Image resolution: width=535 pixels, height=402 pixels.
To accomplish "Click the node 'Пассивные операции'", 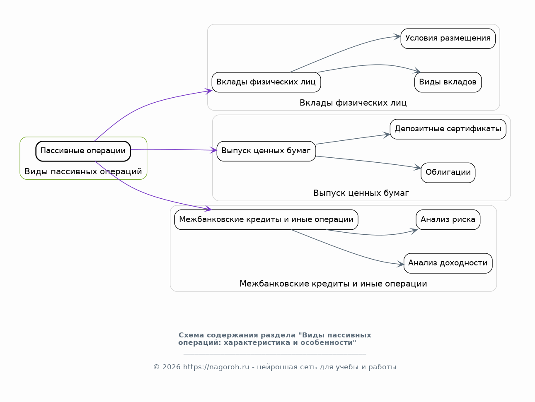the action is click(83, 151).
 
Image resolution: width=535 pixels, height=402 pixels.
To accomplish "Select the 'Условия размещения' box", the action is click(448, 39).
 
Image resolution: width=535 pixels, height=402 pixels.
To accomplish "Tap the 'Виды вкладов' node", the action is click(448, 82).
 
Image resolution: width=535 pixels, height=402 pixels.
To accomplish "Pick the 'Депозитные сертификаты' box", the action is click(448, 129).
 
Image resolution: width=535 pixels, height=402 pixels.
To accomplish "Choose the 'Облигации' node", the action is click(448, 173).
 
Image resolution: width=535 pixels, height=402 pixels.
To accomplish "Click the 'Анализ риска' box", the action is click(448, 220).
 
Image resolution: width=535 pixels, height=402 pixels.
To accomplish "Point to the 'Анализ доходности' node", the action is click(448, 263).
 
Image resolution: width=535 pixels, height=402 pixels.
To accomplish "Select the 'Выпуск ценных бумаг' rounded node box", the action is click(266, 151).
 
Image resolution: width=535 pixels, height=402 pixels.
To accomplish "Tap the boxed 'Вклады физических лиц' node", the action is click(266, 82).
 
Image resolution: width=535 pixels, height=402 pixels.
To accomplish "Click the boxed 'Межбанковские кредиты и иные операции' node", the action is click(266, 220).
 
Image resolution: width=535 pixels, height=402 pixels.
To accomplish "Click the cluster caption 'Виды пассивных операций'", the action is click(83, 172).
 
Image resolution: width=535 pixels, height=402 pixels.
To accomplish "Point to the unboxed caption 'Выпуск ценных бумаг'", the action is click(361, 193).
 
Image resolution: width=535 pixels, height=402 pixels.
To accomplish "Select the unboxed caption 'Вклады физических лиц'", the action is click(353, 103).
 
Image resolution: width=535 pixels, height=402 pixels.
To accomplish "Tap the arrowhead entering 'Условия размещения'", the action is click(398, 37).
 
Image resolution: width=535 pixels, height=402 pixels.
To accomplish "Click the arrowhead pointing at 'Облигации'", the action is click(418, 168).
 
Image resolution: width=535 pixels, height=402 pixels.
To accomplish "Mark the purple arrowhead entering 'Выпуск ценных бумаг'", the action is click(213, 150).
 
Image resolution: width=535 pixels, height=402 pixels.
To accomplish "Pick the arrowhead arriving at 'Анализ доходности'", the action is click(400, 264).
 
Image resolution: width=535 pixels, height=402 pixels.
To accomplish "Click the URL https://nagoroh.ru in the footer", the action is click(216, 367).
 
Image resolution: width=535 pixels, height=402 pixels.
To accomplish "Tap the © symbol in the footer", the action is click(156, 367).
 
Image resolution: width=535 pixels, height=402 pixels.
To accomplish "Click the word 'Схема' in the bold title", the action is click(191, 335).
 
